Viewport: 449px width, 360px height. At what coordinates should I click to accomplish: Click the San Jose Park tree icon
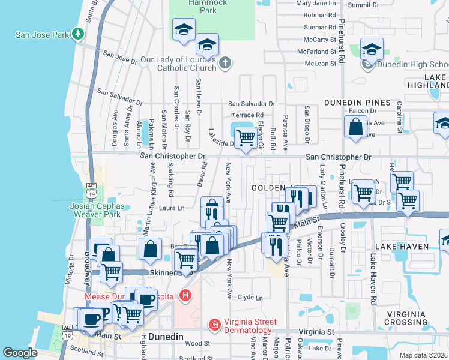coord(77,34)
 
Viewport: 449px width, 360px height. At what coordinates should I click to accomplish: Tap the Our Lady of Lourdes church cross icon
coord(224,62)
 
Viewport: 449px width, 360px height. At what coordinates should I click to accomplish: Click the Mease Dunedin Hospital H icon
coord(186,296)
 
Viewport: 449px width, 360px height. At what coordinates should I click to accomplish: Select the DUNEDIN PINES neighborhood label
coord(357,103)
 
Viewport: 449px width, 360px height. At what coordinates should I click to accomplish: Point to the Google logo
coord(20,353)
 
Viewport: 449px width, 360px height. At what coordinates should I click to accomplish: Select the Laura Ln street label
coord(172,208)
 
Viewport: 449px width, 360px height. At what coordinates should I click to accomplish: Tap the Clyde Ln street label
coord(250,297)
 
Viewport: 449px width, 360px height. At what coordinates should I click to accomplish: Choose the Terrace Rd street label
coord(248,115)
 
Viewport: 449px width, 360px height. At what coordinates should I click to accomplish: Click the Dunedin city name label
coord(166,337)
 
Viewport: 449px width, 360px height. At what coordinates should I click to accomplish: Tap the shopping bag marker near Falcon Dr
coord(355,127)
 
